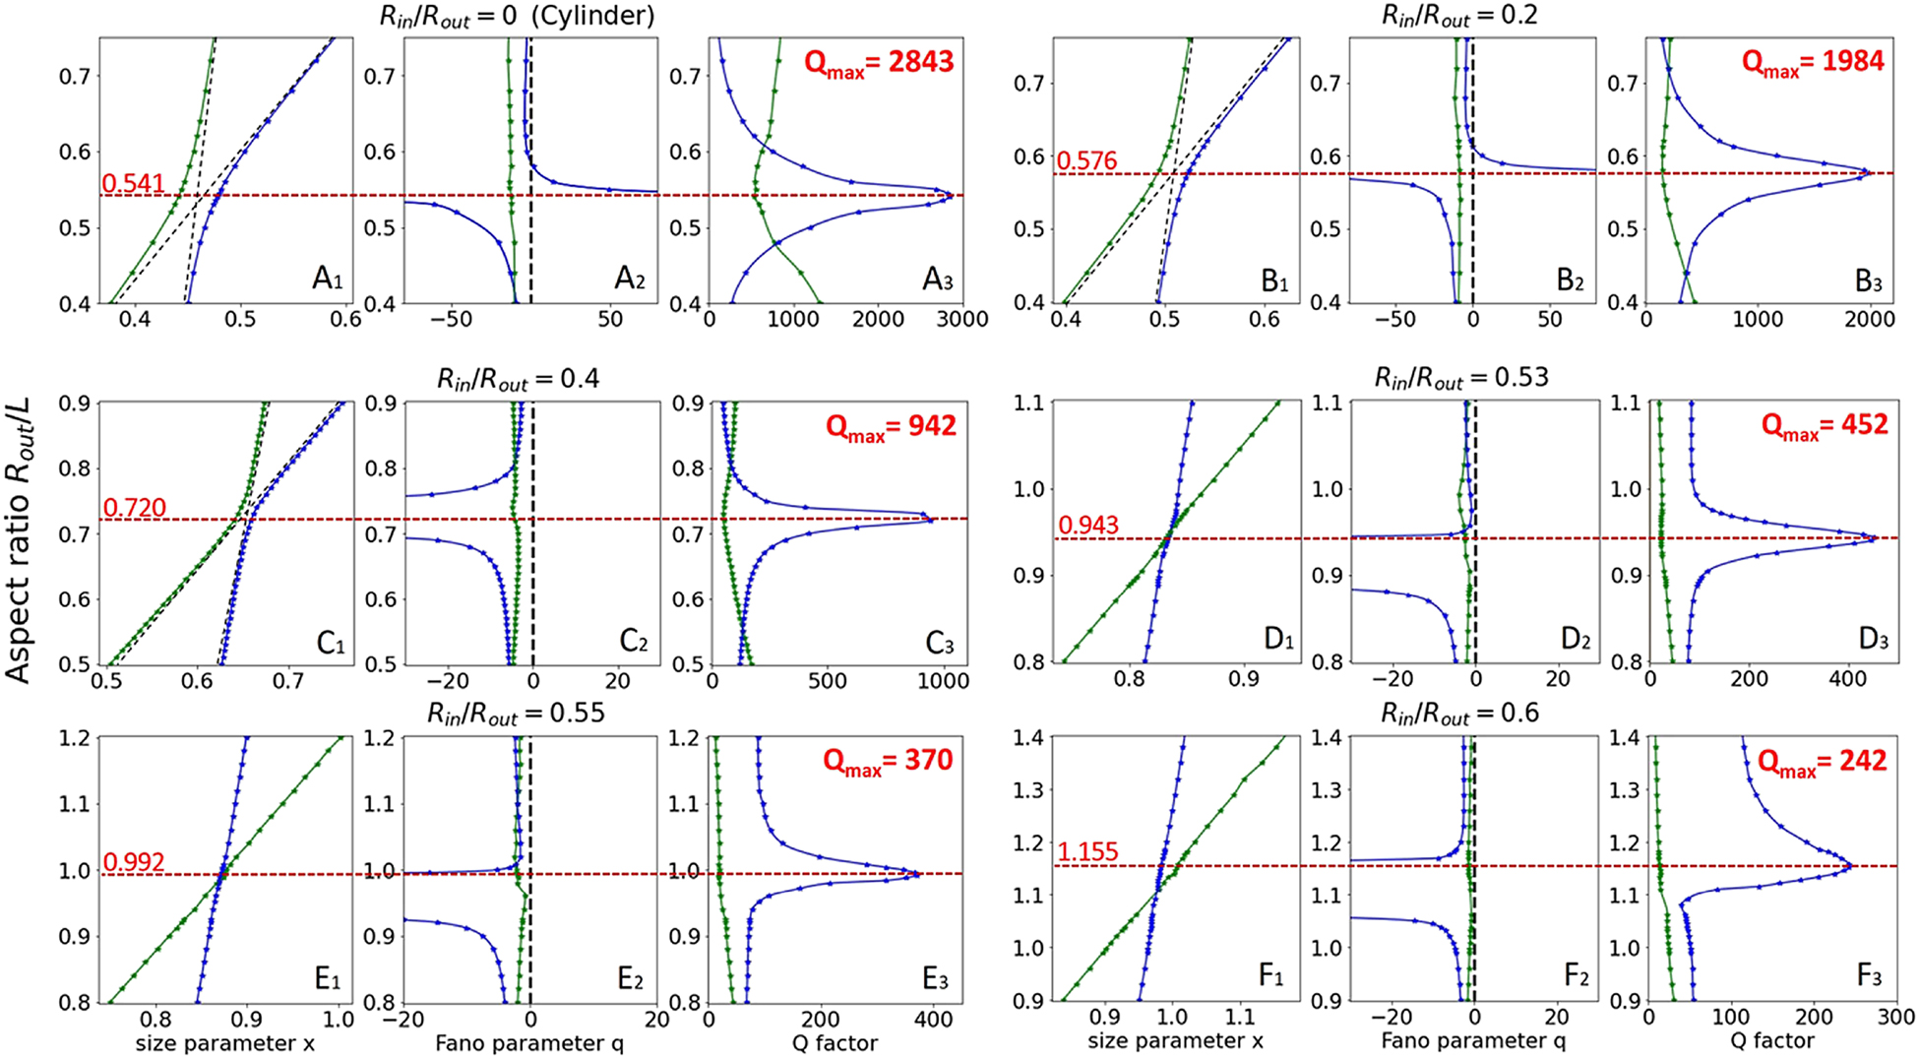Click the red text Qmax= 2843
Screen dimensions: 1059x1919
coord(879,62)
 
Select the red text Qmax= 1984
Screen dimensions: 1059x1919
coord(1813,61)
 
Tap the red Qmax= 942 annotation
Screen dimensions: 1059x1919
coord(891,426)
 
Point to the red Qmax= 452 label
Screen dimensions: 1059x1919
coord(1825,425)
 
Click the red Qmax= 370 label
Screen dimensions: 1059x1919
coord(888,761)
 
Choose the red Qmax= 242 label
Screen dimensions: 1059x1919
coord(1823,761)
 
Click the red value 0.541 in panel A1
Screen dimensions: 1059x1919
coord(134,183)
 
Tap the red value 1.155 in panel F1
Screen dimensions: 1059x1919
coord(1087,851)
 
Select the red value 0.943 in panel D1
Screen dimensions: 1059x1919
coord(1088,525)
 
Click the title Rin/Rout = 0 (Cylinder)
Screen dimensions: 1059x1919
coord(518,16)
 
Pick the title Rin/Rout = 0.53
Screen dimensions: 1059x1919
coord(1460,378)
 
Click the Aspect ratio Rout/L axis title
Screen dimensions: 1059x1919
coord(19,539)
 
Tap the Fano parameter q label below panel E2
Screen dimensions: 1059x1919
coord(529,1043)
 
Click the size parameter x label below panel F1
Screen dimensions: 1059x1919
coord(1175,1040)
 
